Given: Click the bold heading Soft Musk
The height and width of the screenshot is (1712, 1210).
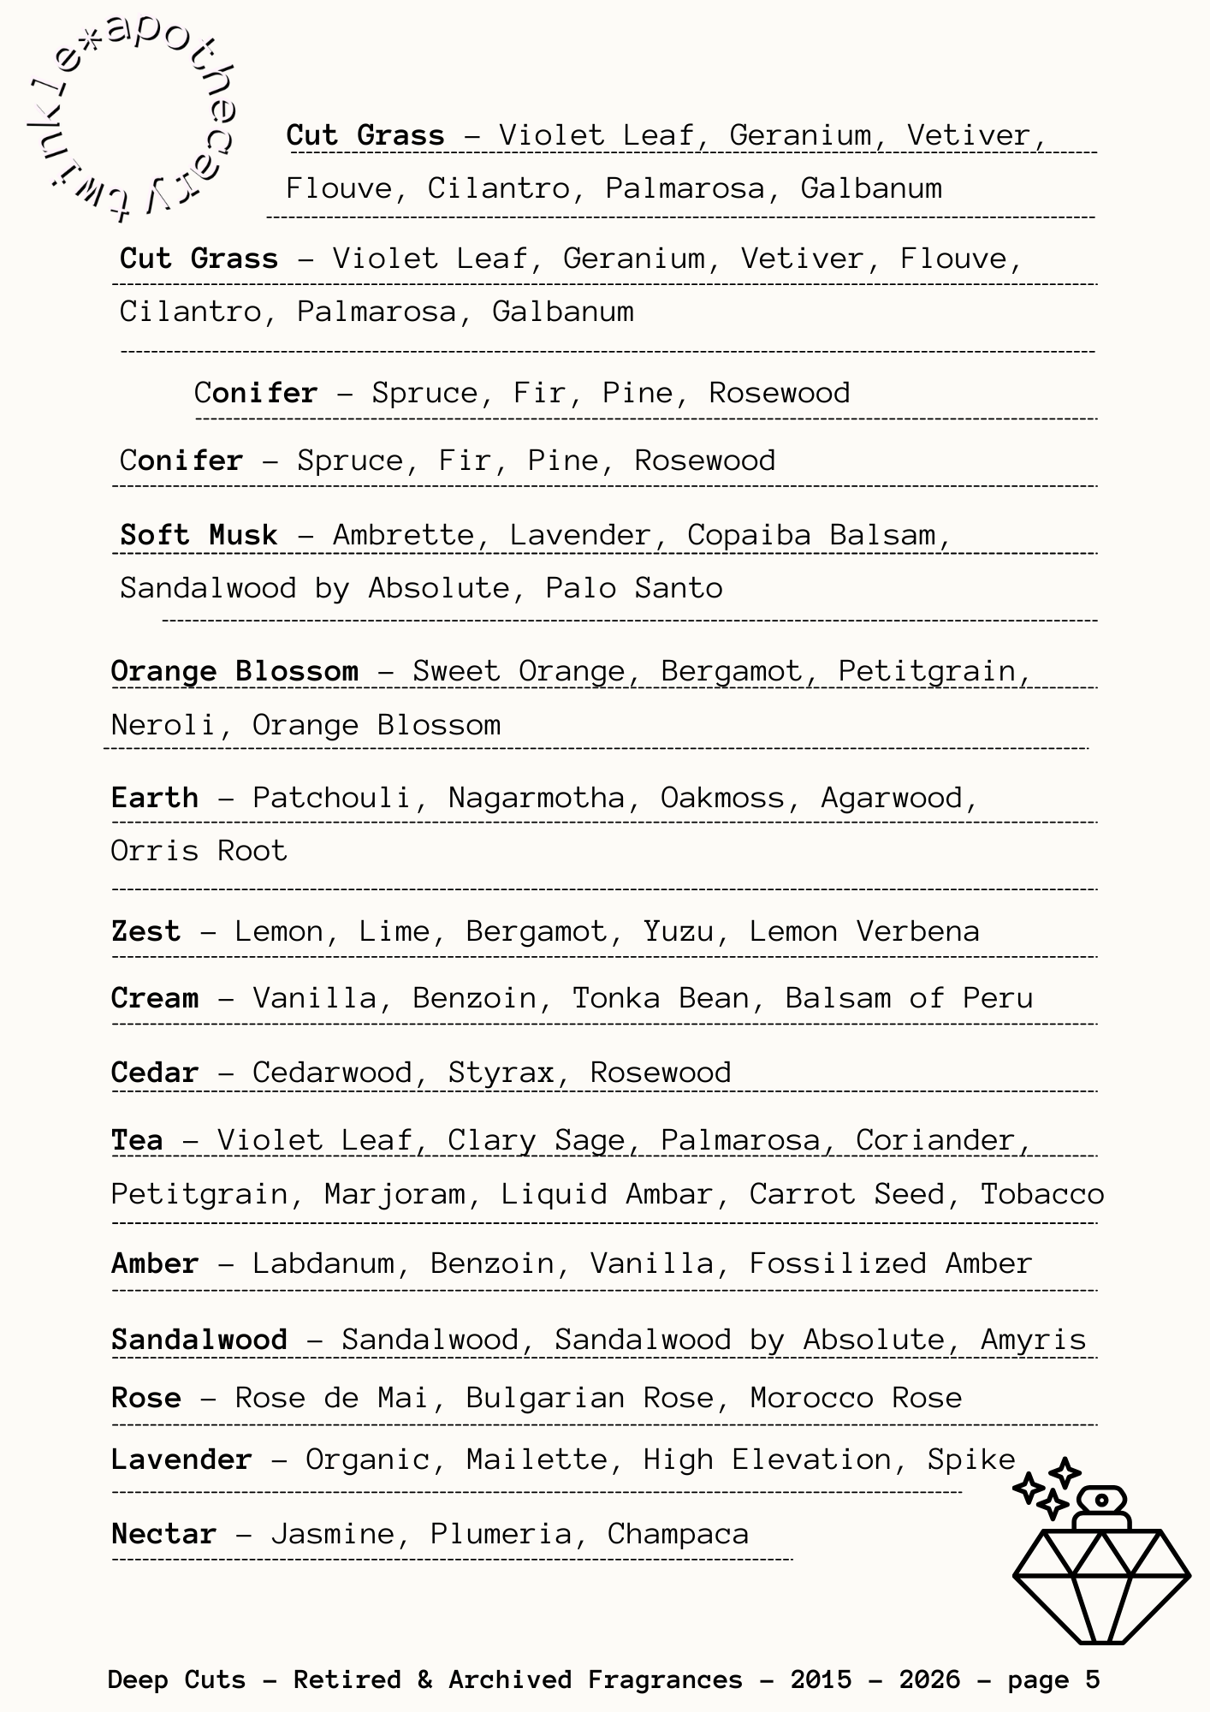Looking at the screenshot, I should (x=199, y=535).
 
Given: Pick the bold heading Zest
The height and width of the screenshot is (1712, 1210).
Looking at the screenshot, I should (x=146, y=931).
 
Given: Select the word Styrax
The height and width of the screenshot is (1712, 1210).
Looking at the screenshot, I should (x=501, y=1073).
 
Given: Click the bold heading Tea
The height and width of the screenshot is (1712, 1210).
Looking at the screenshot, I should (x=137, y=1140).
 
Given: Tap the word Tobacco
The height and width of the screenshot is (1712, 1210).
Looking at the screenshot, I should (x=1042, y=1194).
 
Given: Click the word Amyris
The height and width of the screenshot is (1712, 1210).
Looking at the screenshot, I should (x=1033, y=1339).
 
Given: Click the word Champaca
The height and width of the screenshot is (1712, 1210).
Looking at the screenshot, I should (x=678, y=1533).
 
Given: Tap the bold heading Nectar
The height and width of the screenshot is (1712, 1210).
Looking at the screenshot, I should (x=163, y=1533).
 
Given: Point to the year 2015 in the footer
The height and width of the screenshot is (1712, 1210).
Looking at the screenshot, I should (x=821, y=1679).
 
